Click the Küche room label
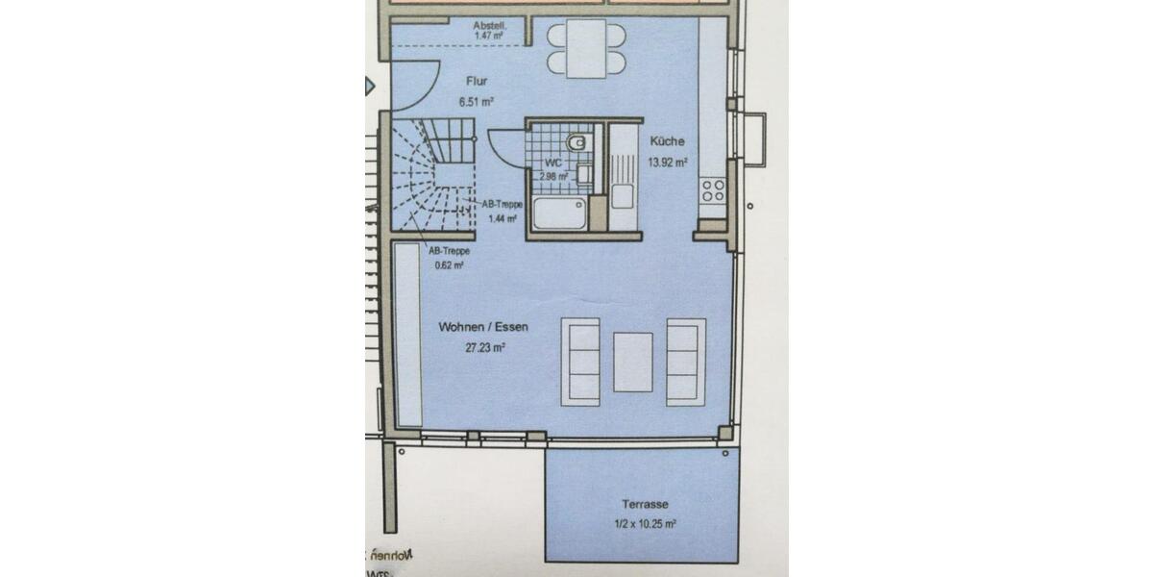[666, 140]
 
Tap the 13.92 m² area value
[668, 162]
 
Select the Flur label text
[477, 83]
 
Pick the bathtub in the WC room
[558, 215]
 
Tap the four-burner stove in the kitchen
[713, 190]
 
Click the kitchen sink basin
[622, 197]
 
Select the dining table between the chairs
[584, 49]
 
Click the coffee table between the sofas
[633, 362]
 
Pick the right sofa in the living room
[684, 361]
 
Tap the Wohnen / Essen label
[483, 328]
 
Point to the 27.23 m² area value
[485, 347]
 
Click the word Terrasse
[645, 504]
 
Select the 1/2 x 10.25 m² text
[646, 524]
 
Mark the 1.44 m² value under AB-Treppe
[497, 219]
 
